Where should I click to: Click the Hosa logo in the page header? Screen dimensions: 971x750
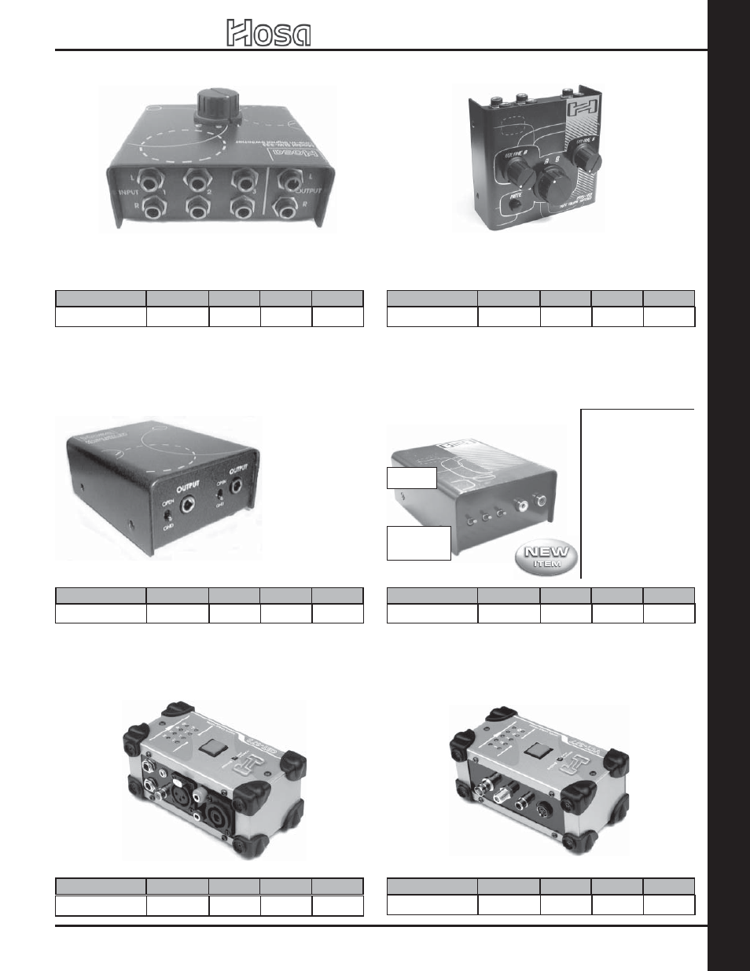pyautogui.click(x=269, y=34)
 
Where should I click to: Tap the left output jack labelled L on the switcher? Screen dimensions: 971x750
pyautogui.click(x=289, y=182)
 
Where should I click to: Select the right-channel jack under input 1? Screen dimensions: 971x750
pyautogui.click(x=154, y=208)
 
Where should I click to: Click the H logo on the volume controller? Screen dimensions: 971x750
pyautogui.click(x=585, y=112)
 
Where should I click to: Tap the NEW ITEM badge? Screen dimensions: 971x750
pyautogui.click(x=546, y=557)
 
